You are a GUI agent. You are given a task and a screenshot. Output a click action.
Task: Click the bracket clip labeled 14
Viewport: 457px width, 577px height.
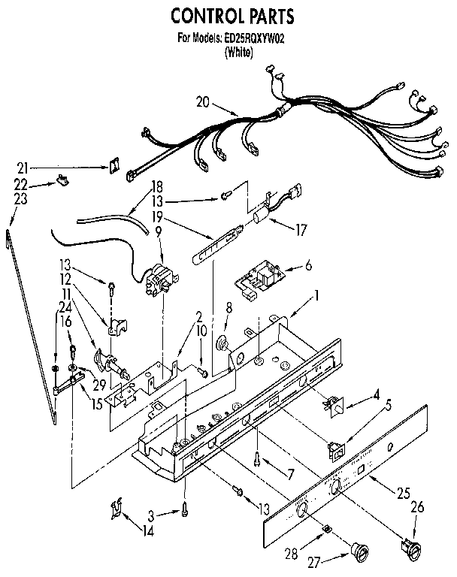(115, 508)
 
